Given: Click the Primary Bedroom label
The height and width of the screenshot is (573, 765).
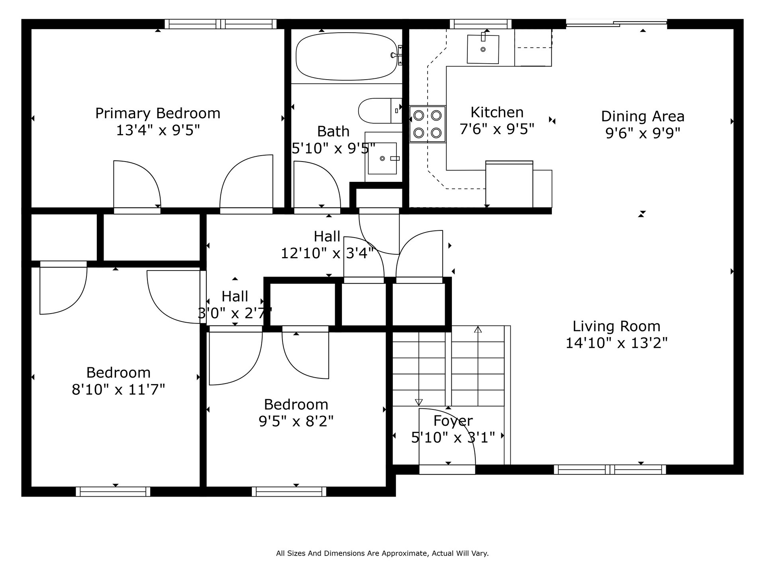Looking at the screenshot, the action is tap(158, 113).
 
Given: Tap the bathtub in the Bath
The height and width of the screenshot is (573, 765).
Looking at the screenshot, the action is tap(347, 56).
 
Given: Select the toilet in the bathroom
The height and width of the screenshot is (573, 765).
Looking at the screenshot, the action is tap(380, 111).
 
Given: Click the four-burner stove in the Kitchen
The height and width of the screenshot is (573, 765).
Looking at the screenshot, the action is tap(428, 124).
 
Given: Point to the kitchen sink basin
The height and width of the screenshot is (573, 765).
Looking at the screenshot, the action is tap(483, 49).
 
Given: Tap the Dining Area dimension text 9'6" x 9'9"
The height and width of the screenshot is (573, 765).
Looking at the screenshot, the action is tap(643, 133).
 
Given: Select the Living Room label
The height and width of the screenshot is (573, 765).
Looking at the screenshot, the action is tap(616, 326).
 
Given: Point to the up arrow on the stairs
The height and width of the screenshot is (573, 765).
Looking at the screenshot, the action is tap(478, 329).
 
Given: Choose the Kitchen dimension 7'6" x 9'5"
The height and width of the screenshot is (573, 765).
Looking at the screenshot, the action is tap(497, 129).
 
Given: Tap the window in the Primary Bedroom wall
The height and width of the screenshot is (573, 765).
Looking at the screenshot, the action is tap(221, 24).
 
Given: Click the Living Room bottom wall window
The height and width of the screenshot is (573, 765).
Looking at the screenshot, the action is tap(610, 470).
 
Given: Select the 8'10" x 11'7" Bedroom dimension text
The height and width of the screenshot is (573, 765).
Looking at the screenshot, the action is tap(118, 389).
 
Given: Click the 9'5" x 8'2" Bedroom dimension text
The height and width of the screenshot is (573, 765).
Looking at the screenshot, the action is tap(296, 421).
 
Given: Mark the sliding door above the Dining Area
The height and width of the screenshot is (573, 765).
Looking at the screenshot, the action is tap(616, 23).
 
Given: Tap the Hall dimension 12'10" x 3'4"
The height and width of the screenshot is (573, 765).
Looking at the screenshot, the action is tap(328, 253).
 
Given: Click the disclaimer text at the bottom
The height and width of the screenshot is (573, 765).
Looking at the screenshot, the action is tap(382, 553).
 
